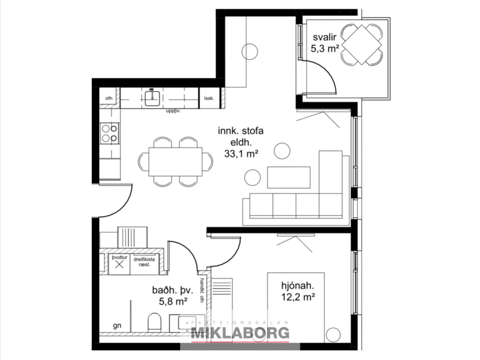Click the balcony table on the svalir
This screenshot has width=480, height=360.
(361, 44)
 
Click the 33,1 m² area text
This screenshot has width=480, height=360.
(241, 154)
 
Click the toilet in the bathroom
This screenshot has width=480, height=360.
(154, 323)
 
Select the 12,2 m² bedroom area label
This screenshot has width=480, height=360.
(298, 297)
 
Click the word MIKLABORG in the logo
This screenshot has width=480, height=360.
(240, 333)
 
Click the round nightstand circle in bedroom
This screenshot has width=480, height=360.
(333, 334)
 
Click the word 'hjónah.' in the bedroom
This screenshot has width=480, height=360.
(298, 285)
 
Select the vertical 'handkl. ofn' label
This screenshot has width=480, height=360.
(202, 290)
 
